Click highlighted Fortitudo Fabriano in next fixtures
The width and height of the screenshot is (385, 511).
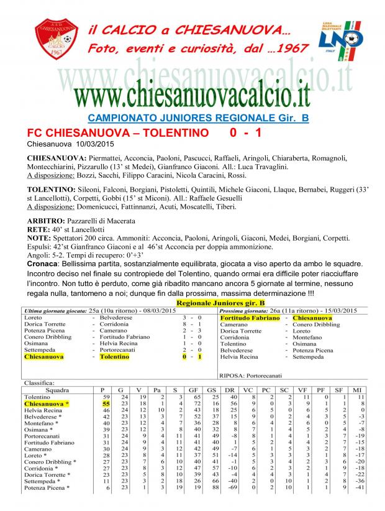pyautogui.click(x=250, y=318)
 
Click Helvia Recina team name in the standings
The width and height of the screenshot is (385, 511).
pyautogui.click(x=43, y=411)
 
